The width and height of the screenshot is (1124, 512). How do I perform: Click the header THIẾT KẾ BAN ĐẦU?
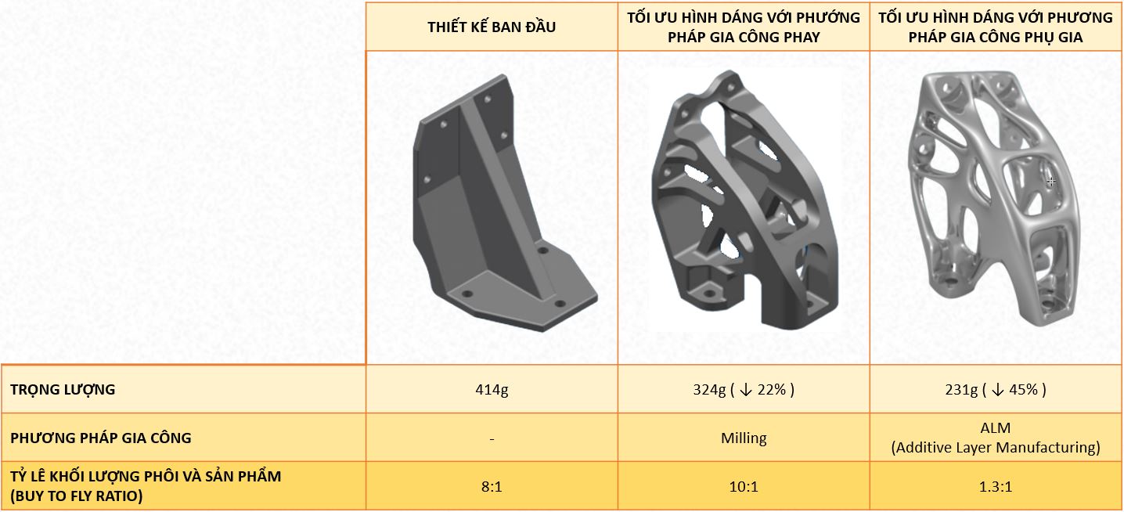(x=492, y=27)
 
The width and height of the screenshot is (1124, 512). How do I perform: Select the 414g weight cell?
(x=492, y=390)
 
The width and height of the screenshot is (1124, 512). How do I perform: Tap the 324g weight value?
(x=709, y=390)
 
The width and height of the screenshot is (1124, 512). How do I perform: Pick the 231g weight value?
(x=961, y=390)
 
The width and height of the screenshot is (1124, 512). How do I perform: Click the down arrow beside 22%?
(x=746, y=390)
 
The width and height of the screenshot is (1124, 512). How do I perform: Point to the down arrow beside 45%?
(x=998, y=390)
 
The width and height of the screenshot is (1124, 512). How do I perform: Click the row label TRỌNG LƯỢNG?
(x=63, y=390)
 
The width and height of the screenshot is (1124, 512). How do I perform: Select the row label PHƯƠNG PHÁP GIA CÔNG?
(x=101, y=438)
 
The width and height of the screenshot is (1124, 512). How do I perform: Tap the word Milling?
(x=744, y=438)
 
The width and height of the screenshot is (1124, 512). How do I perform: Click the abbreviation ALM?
(x=996, y=428)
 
